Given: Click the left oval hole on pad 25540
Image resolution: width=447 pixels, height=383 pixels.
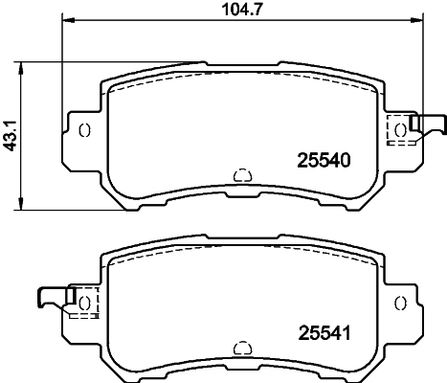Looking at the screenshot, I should pyautogui.click(x=83, y=130).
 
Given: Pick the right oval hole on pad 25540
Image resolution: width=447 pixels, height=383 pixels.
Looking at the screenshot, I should pyautogui.click(x=400, y=130).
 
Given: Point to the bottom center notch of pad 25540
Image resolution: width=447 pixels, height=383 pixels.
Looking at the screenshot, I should pyautogui.click(x=241, y=175).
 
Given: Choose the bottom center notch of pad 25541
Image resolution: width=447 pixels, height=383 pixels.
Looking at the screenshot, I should pyautogui.click(x=241, y=347).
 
